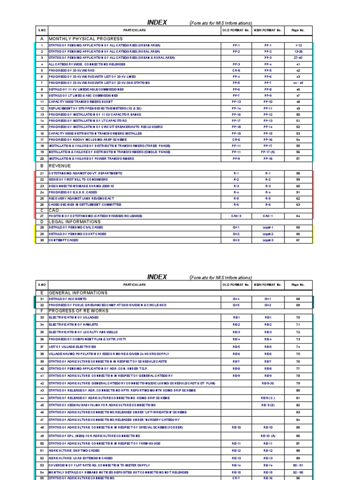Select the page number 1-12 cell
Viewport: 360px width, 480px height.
(298, 45)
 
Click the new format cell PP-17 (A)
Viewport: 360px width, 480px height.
(268, 152)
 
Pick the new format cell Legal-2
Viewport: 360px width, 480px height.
(268, 233)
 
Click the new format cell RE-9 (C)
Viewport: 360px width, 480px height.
(268, 397)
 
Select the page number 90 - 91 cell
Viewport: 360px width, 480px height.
(298, 465)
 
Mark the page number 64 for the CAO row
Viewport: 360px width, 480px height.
(298, 216)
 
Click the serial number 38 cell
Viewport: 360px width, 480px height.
(42, 354)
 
